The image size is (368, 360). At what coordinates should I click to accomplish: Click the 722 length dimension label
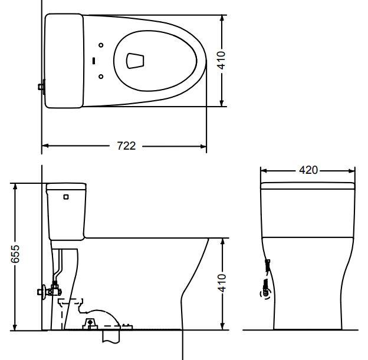click(126, 146)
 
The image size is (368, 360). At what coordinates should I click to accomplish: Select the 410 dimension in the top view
click(222, 61)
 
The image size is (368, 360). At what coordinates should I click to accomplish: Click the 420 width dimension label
click(308, 170)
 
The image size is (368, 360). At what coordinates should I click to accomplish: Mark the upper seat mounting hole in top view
click(101, 45)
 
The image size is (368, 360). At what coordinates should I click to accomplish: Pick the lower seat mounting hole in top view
click(101, 76)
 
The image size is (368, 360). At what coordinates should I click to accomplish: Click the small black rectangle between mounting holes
click(94, 60)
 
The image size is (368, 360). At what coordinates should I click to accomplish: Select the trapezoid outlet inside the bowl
click(136, 60)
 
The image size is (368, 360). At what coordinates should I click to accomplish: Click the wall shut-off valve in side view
click(47, 290)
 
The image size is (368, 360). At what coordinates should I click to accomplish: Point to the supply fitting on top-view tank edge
click(41, 87)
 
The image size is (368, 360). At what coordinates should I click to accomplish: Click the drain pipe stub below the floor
click(112, 336)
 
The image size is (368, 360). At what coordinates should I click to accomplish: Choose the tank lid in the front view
click(308, 186)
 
